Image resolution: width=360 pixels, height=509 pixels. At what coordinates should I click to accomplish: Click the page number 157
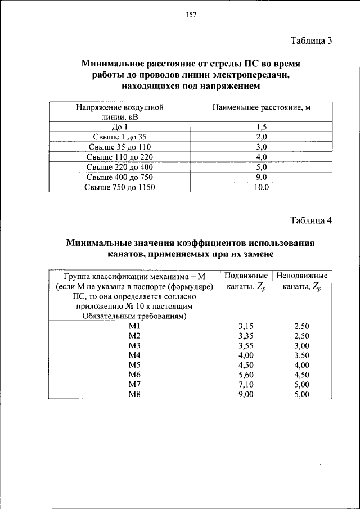190,15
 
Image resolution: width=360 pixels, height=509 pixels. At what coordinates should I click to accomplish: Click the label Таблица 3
312,40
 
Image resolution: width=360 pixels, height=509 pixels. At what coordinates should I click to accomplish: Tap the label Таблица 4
312,220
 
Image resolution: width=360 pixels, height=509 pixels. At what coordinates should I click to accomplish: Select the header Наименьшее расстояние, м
262,106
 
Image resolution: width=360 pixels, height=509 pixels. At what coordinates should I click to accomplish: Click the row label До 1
120,127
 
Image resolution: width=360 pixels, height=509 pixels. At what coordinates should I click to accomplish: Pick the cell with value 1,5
262,127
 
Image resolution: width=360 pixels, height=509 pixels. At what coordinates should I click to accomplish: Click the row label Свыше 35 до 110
120,147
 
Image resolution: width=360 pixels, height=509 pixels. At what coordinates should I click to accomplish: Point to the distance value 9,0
262,177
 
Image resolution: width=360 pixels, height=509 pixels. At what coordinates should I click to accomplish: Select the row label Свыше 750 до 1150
120,187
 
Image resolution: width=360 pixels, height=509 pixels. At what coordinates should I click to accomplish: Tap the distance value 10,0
262,187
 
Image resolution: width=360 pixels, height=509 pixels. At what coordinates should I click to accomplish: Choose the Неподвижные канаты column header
301,281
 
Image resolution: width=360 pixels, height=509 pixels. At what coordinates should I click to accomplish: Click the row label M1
133,326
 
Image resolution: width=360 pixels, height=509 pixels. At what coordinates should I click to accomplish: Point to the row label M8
133,394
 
